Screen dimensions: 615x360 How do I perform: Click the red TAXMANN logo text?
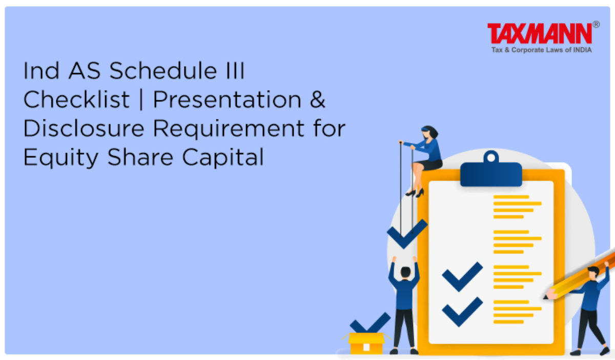point(540,33)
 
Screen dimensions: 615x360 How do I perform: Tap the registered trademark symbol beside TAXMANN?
point(596,25)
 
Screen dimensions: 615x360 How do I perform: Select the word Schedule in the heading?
point(163,71)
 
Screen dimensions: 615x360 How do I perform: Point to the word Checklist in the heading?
point(76,99)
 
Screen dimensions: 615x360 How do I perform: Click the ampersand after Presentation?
point(317,99)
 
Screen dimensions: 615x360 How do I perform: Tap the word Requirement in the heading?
point(229,129)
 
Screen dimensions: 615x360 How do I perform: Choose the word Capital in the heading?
point(223,157)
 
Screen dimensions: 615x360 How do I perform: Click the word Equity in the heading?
point(60,157)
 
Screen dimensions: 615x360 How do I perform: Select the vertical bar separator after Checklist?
point(141,99)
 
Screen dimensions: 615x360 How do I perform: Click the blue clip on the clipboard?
point(491,170)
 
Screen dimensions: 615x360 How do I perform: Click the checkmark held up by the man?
point(407,234)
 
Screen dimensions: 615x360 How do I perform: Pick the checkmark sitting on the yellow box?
point(370,323)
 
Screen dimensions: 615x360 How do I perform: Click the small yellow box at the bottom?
point(366,344)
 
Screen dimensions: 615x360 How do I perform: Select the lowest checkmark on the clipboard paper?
point(462,312)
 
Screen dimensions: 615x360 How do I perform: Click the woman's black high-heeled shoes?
point(415,193)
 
